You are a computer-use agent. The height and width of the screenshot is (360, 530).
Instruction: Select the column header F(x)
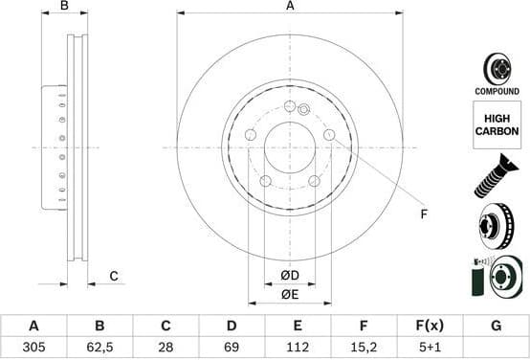point(430,326)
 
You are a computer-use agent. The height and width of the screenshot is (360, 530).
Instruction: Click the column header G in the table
point(495,326)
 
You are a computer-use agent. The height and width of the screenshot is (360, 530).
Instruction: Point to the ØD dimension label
point(290,276)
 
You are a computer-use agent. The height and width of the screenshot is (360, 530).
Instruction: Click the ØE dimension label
point(290,294)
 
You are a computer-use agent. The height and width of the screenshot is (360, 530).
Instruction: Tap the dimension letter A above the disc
point(290,7)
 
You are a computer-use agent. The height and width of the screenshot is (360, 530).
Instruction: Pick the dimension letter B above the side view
point(64,7)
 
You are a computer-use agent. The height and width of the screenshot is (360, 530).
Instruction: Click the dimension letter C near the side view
point(113,277)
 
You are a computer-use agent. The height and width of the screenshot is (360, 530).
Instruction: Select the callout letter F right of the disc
point(424,214)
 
